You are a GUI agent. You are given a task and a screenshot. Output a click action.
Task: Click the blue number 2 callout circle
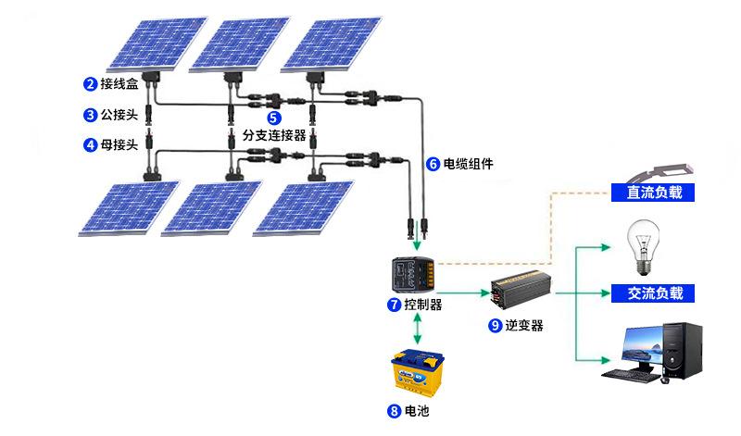coord(90,85)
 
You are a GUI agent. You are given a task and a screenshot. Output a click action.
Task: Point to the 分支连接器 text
coord(274,135)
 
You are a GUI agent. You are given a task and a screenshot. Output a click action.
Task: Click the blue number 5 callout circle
coord(274,118)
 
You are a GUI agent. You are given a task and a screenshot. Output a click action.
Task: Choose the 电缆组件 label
coord(468,165)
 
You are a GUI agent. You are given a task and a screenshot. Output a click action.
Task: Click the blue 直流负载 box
coord(654,193)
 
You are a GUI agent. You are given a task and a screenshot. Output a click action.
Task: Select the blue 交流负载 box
coord(654,293)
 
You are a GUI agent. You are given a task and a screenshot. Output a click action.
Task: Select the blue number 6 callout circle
coord(433,165)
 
